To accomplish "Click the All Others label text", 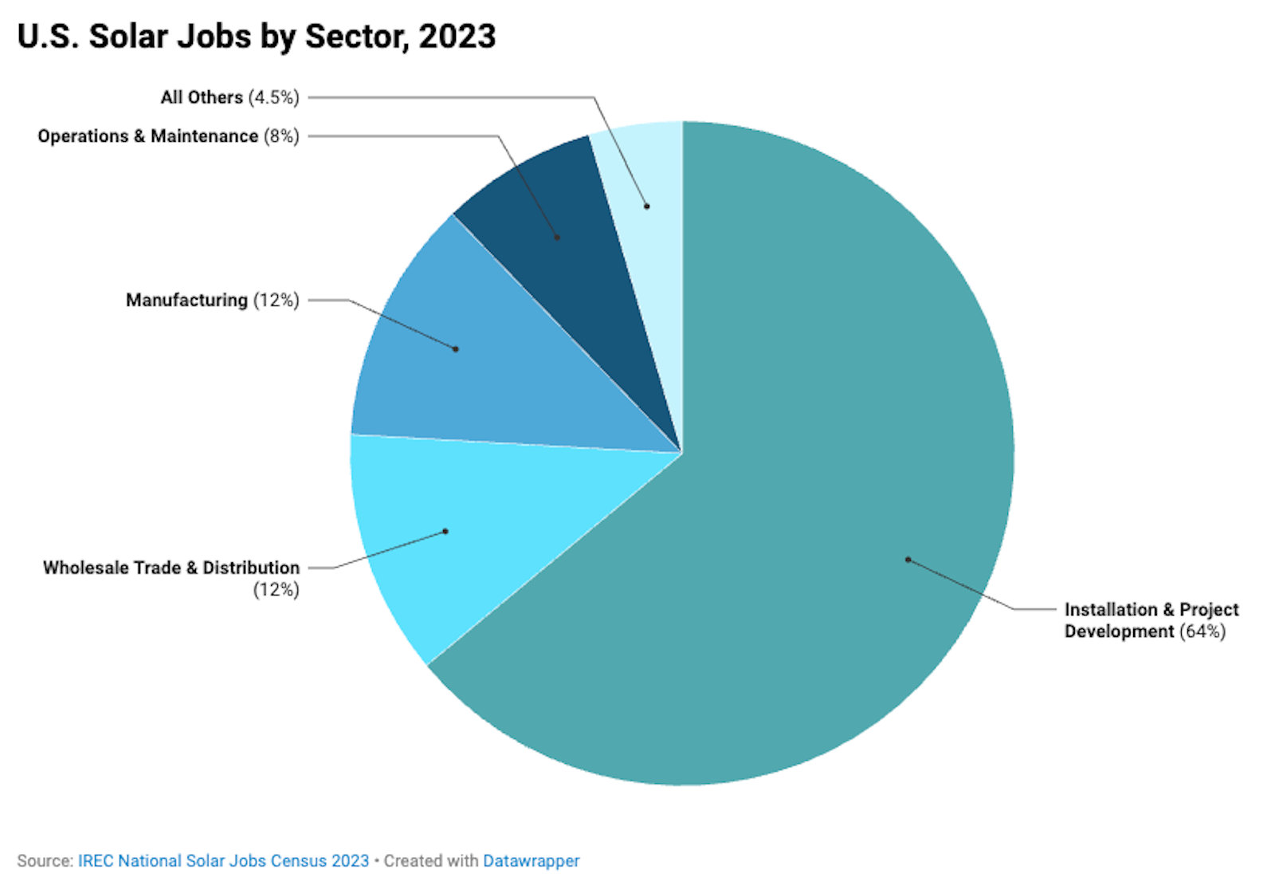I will pos(202,97).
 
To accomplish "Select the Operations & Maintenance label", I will pos(148,136).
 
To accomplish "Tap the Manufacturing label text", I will pos(186,301).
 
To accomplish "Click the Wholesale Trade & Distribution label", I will pos(171,568).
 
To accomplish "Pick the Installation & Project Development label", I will pos(1151,620).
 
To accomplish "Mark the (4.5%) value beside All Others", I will pos(273,97).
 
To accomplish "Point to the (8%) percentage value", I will pos(281,136).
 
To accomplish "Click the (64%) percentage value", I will pos(1202,631).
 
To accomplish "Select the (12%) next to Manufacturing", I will pos(276,301).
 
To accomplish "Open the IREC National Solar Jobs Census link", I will pos(223,861).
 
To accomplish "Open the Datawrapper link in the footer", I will pos(531,861).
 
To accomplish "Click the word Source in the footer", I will pos(44,861).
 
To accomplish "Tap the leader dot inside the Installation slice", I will pos(908,560).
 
